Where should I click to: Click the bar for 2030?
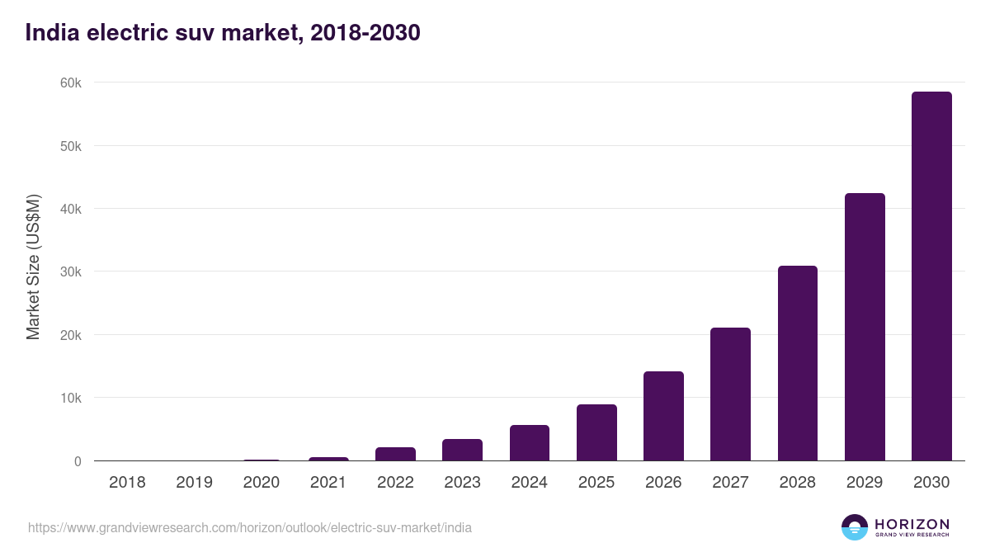pos(931,276)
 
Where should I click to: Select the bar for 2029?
pos(865,327)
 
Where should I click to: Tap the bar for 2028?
pos(797,363)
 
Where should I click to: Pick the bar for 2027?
pos(730,394)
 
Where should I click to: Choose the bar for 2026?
pos(663,416)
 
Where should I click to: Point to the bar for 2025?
pos(596,432)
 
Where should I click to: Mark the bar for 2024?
pos(529,443)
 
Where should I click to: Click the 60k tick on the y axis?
pos(70,83)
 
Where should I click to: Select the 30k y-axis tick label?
pos(70,272)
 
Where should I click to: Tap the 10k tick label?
pos(70,399)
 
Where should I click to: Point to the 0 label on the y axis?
pos(78,461)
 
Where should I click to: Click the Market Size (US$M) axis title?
pos(33,267)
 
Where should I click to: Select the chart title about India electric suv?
pos(223,32)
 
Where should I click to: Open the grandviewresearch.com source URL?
pos(250,527)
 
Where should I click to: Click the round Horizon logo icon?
pos(855,527)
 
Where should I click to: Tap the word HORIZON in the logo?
pos(912,524)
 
